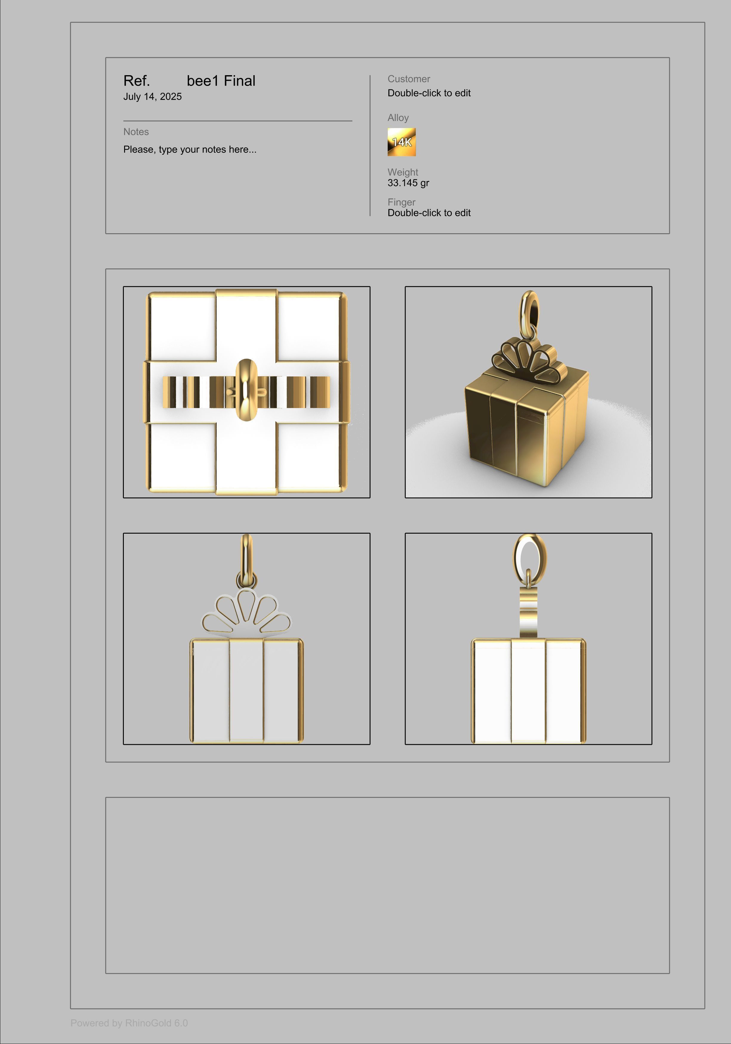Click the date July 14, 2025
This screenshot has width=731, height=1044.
click(x=152, y=96)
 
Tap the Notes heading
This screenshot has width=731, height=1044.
click(x=136, y=132)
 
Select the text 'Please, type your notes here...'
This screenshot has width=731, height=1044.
click(x=190, y=150)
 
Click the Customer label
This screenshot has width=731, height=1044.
click(x=408, y=79)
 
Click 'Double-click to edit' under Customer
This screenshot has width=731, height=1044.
click(x=429, y=93)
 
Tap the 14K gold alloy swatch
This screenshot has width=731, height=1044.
click(x=401, y=142)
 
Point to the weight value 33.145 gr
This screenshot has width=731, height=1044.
click(x=408, y=183)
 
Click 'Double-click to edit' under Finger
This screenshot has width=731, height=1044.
click(x=429, y=213)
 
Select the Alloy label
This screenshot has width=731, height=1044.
click(x=398, y=118)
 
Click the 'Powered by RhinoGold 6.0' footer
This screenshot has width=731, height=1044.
click(x=129, y=1023)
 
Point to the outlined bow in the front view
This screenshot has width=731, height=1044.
click(x=246, y=611)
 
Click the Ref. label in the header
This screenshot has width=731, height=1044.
click(x=136, y=81)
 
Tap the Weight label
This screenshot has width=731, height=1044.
click(x=402, y=172)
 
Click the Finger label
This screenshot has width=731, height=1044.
click(x=401, y=202)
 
